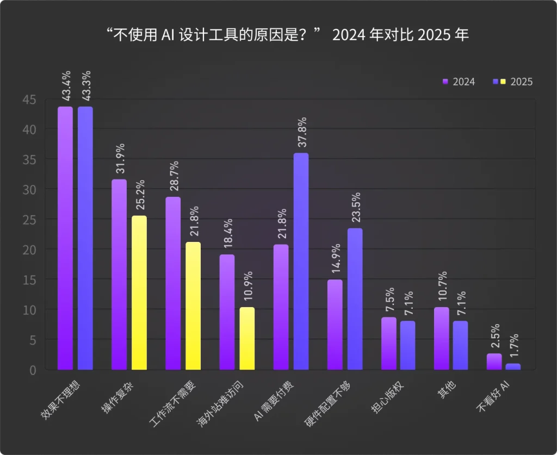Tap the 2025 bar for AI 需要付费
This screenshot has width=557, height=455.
click(x=301, y=261)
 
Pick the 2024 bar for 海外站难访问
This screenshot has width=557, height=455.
click(x=227, y=312)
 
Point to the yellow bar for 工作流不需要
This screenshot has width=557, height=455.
click(x=193, y=306)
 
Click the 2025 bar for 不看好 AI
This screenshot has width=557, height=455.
click(x=513, y=366)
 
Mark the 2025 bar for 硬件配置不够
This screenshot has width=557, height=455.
click(x=355, y=298)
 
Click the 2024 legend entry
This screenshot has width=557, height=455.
click(x=460, y=82)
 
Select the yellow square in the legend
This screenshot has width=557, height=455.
click(x=503, y=82)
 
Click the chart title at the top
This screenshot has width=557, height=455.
click(x=278, y=35)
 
